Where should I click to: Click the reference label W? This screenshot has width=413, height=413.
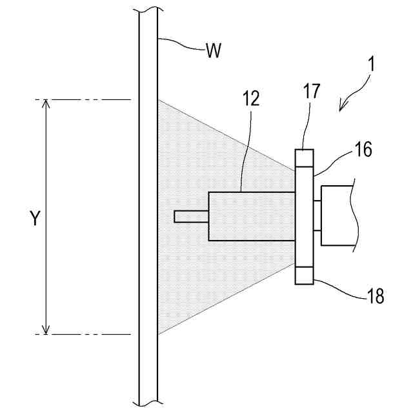tap(214, 51)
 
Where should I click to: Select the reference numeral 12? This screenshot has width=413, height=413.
tap(251, 99)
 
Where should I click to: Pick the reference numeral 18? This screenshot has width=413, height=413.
tap(375, 296)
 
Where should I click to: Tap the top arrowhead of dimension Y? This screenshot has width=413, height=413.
tap(46, 104)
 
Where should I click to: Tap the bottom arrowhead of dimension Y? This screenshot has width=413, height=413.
tap(46, 330)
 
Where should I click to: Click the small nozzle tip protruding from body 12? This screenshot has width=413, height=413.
tap(191, 217)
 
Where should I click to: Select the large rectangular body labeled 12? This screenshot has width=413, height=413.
tap(252, 217)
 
